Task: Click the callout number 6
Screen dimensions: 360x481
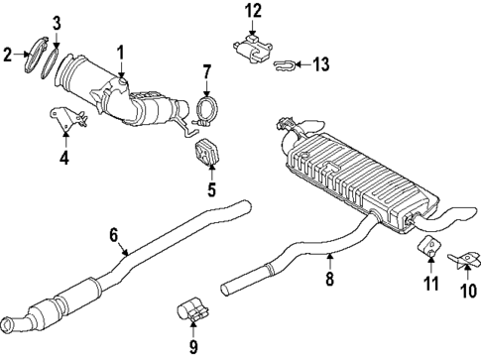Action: click(114, 234)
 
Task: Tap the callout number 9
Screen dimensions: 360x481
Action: click(193, 347)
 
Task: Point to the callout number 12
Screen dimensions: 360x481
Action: click(254, 11)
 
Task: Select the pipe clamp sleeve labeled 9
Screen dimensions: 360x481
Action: click(192, 311)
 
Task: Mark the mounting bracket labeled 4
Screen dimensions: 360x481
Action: click(68, 122)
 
